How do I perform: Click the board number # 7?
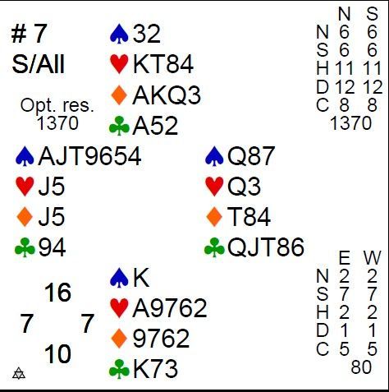(30, 34)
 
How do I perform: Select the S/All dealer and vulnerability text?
(39, 64)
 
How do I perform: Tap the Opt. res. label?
(57, 106)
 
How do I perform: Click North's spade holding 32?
(147, 34)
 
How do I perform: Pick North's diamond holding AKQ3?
(167, 95)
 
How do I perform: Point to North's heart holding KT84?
(163, 64)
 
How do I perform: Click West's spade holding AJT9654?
(90, 156)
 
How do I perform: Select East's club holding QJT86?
(266, 247)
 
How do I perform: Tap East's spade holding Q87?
(251, 156)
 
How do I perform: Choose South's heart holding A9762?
(170, 308)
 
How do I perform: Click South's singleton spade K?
(141, 278)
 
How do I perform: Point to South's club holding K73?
(155, 369)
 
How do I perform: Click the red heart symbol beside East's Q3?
(214, 187)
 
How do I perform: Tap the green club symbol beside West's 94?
(25, 247)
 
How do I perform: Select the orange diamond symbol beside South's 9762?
(119, 339)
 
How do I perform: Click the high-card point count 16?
(58, 293)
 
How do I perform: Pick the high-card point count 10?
(57, 354)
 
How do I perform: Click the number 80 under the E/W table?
(361, 367)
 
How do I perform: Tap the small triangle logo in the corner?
(19, 373)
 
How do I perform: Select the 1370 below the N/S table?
(351, 123)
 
